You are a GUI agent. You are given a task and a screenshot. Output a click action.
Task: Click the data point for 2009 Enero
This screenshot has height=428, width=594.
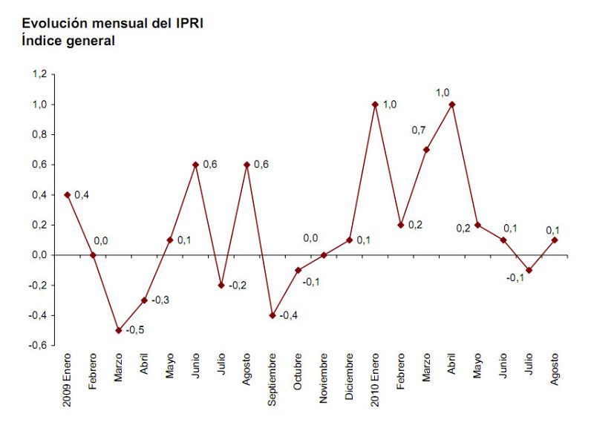click(67, 195)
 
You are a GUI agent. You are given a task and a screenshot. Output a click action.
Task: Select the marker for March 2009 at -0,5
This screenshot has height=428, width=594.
click(118, 330)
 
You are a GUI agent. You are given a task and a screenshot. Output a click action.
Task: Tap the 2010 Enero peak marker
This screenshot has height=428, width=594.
click(375, 105)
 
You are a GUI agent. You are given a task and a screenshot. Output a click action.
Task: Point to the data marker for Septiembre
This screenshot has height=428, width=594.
click(272, 315)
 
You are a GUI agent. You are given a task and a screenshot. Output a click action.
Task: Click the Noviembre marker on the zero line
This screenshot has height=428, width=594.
click(324, 255)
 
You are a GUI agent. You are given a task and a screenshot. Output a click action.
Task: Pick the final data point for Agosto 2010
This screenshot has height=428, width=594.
click(555, 240)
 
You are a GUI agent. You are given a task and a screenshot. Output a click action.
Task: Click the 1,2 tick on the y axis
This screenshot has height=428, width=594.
click(39, 74)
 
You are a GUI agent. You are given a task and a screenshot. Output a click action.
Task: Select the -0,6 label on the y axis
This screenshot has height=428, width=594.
click(37, 345)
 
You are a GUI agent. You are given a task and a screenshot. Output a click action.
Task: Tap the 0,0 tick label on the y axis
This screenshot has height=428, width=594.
click(39, 255)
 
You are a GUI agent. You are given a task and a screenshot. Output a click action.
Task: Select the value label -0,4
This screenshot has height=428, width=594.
click(290, 316)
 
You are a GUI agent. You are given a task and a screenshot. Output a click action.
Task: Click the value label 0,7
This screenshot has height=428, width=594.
click(420, 131)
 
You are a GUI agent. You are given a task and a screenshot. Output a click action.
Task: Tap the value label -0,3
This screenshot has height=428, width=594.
click(161, 300)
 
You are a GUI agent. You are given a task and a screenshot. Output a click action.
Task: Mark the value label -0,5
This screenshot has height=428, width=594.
click(135, 331)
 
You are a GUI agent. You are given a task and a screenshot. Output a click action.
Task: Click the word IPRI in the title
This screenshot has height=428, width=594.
click(187, 24)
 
